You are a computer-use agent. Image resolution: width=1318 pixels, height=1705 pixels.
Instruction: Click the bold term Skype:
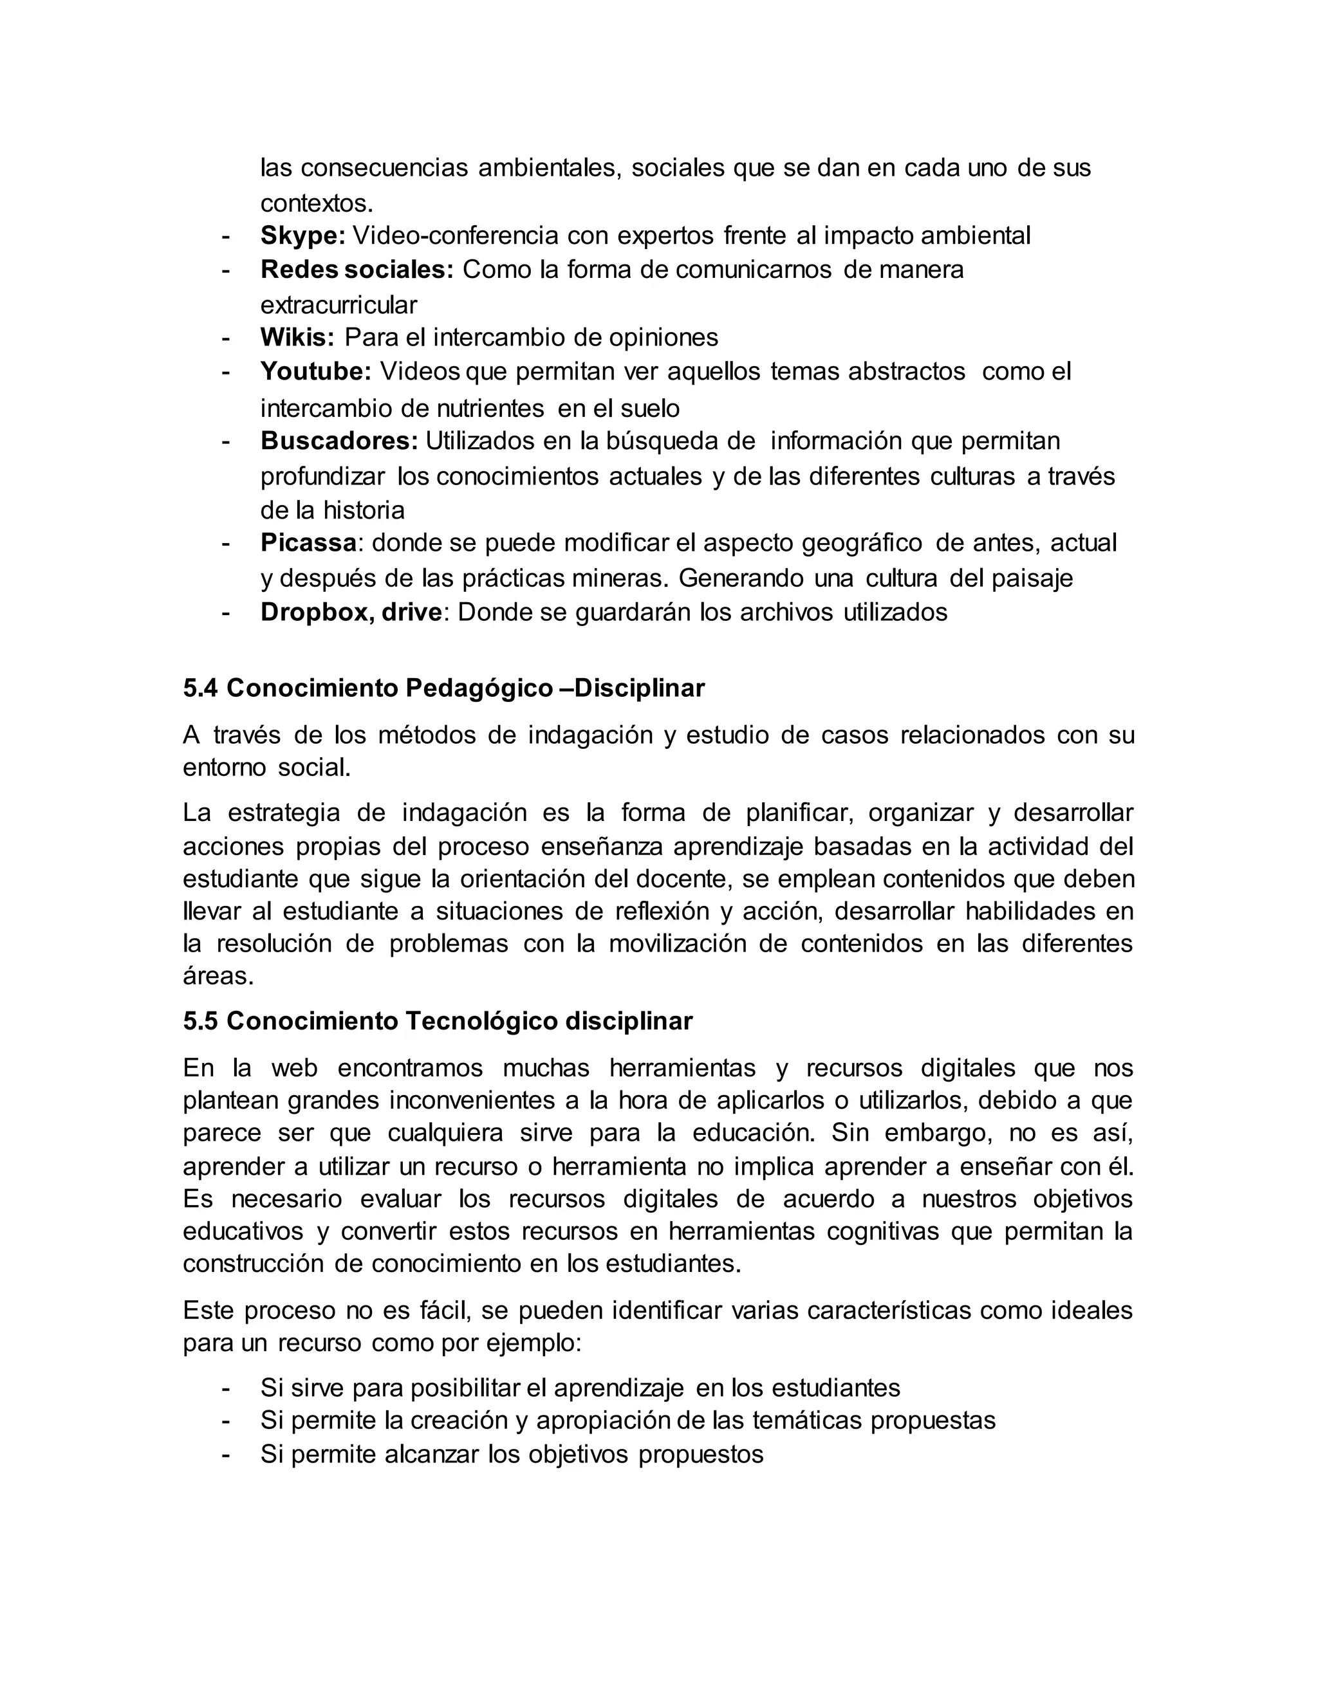click(302, 235)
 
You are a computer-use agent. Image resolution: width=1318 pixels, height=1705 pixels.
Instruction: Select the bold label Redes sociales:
click(356, 270)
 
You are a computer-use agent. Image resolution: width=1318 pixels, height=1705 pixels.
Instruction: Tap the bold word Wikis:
click(297, 337)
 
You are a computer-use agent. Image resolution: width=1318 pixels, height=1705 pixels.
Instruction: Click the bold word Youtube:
click(315, 372)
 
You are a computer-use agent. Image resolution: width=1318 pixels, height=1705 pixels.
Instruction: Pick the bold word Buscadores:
click(339, 441)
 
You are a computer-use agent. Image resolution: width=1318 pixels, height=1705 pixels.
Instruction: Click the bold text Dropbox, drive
click(351, 612)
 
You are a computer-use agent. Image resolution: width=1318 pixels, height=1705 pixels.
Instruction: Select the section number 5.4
click(201, 688)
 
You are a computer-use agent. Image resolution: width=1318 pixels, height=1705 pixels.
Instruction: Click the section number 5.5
click(201, 1021)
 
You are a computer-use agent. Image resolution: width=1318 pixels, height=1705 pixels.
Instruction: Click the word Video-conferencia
click(456, 235)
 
